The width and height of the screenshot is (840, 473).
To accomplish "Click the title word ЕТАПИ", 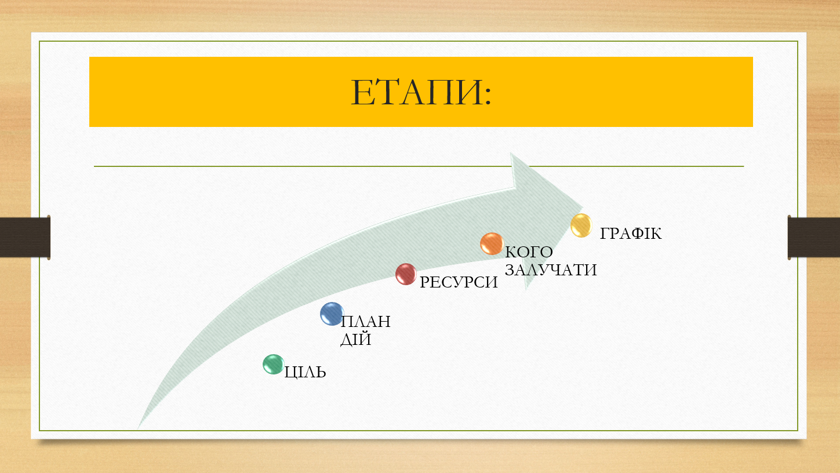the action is tap(416, 93).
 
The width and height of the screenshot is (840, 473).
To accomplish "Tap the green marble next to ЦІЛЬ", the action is tap(274, 364).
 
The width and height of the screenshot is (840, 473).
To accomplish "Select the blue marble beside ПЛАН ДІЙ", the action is tap(332, 314).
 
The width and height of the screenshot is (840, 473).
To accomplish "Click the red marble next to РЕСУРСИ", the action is tap(406, 274).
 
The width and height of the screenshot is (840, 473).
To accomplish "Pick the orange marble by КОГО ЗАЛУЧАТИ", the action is tap(492, 244).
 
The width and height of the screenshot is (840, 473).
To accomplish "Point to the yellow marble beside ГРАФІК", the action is tap(581, 225).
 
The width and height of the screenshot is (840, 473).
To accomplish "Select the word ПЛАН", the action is tap(366, 322).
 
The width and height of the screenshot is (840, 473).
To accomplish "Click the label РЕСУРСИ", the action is tap(459, 282).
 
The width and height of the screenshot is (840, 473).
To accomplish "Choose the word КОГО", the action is tap(529, 252).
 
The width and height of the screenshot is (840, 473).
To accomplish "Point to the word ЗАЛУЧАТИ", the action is tap(551, 270).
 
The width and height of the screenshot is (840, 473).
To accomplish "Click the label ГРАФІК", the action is tap(631, 234).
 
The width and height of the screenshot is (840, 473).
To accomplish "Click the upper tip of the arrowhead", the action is tap(510, 153).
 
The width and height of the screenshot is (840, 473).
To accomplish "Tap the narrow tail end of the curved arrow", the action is tap(138, 428).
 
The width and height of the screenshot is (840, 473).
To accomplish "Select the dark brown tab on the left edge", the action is tap(25, 237).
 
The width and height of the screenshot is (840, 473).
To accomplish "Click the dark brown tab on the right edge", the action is tap(814, 237).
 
